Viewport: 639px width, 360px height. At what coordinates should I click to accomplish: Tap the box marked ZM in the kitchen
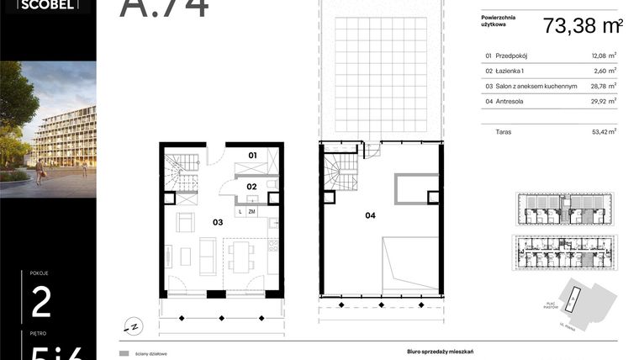251,212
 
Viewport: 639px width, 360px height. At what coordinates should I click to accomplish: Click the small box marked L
240,212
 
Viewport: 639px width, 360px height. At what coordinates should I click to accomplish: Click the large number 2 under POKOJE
40,302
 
